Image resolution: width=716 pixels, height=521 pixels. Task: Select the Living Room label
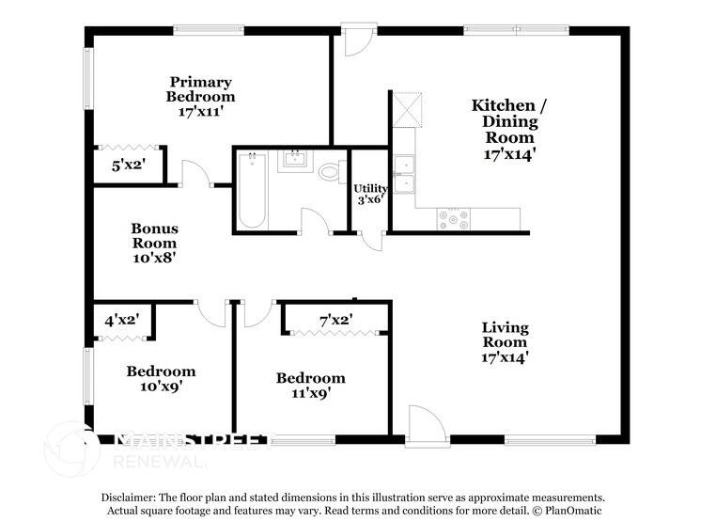[505, 341]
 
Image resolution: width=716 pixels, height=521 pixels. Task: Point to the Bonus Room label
[154, 243]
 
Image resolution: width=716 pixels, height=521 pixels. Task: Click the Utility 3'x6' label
[370, 195]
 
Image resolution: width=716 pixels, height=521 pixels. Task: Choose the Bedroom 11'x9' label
[310, 386]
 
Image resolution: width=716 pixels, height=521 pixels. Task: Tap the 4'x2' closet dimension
[122, 320]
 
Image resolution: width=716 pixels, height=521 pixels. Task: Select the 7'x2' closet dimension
[336, 320]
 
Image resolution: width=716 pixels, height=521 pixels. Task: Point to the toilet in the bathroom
[330, 172]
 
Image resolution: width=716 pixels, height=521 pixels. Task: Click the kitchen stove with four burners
[453, 218]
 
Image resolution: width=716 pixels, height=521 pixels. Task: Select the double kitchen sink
[404, 174]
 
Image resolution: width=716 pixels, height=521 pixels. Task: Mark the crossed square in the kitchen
[405, 109]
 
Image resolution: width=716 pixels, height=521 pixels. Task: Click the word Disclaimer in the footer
[132, 496]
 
